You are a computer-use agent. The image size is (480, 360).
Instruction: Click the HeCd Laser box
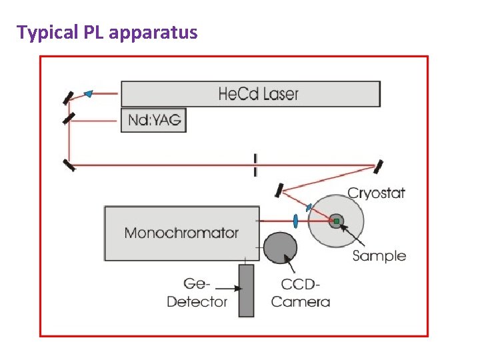[x=250, y=93]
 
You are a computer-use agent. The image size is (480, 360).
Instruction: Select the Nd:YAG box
[x=153, y=120]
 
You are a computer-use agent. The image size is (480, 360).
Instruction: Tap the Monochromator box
[x=181, y=233]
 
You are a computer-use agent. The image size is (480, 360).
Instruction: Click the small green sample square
[x=337, y=221]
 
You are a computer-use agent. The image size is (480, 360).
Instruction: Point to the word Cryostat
[x=376, y=193]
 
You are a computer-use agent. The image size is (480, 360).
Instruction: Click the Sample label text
[x=379, y=255]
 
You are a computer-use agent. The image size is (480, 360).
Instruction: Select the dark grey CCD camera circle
[x=281, y=247]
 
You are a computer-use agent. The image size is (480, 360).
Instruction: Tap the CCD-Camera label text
[x=300, y=293]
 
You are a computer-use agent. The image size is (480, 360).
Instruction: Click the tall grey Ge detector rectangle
[x=246, y=290]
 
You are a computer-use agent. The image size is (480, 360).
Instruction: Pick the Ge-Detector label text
[x=197, y=293]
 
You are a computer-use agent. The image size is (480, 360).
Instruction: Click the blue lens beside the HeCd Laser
[x=89, y=94]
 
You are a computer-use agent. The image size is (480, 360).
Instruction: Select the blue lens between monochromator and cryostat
[x=295, y=221]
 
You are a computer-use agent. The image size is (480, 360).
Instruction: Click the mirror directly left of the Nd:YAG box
[x=68, y=119]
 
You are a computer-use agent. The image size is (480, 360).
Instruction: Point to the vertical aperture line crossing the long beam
[x=255, y=165]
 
